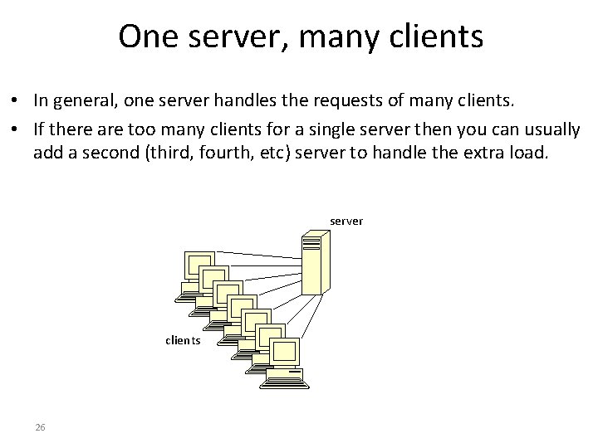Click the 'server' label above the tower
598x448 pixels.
(346, 221)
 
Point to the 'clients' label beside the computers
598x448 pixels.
(183, 340)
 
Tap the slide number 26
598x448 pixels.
(40, 427)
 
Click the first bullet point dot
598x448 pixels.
(17, 101)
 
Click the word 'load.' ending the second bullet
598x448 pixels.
(530, 153)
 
